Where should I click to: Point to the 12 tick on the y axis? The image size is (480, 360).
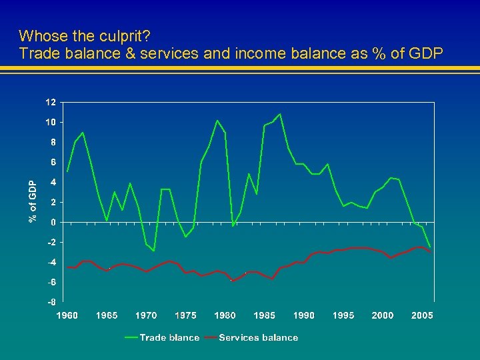51,103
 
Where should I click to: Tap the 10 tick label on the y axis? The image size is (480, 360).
51,123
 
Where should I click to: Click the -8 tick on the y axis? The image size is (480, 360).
51,302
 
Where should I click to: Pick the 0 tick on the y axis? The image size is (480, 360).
53,222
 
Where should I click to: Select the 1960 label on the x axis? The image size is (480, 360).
67,315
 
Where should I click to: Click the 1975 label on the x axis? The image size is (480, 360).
185,315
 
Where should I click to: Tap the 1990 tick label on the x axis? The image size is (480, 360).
304,315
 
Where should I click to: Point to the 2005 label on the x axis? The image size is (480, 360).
423,315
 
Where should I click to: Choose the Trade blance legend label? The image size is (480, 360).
169,338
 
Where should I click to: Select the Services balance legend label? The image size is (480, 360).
258,338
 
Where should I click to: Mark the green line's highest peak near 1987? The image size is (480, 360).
280,114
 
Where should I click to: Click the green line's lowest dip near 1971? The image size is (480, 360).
154,251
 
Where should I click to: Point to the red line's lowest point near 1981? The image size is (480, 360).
233,281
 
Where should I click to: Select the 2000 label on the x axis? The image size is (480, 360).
383,315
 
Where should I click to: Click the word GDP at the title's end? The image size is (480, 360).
425,53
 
